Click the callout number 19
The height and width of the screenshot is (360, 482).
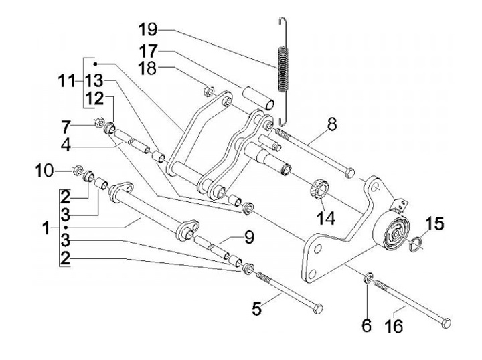148,30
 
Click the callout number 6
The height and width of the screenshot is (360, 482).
366,326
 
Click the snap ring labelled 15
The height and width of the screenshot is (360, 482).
416,243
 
